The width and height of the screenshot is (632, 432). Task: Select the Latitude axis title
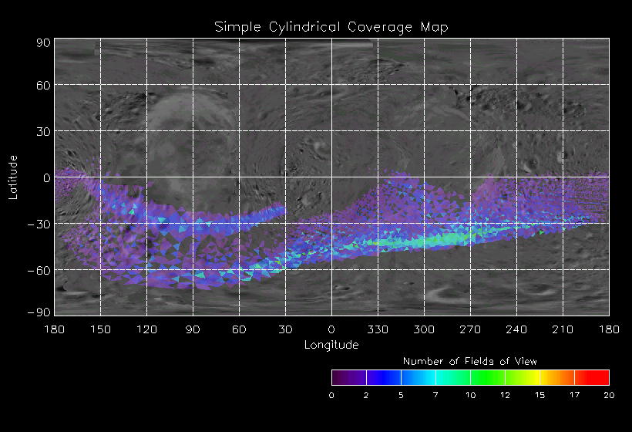13,177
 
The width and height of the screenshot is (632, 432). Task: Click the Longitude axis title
331,345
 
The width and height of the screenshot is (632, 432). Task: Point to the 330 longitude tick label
378,329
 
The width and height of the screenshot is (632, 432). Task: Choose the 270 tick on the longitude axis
470,329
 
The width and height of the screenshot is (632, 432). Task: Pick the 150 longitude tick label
100,329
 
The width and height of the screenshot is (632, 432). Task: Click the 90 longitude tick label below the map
193,329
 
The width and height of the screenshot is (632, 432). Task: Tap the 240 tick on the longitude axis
516,329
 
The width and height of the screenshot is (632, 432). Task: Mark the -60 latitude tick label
40,270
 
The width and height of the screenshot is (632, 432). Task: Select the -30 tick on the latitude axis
40,224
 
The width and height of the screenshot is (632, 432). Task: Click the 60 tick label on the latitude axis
43,85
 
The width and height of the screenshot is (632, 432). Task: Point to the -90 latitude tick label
40,312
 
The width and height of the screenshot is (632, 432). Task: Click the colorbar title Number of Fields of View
470,361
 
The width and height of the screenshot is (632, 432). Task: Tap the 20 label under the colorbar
609,395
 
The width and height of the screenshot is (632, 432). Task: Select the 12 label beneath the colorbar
505,395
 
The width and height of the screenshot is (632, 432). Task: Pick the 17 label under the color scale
574,395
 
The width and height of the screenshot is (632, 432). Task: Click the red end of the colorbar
601,377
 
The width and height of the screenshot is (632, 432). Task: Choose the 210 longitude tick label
563,329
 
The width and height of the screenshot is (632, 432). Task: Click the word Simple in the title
237,27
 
